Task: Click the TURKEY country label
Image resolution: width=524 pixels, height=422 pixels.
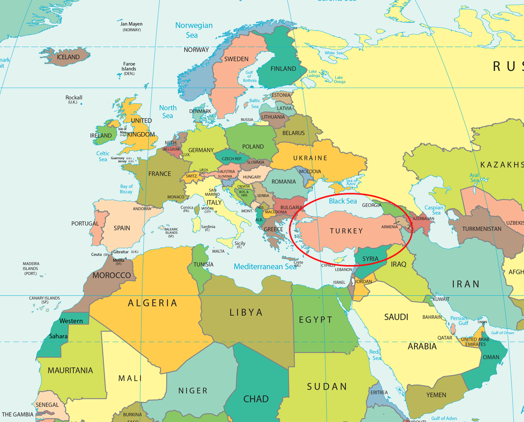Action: click(346, 231)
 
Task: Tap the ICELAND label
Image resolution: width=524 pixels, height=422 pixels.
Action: click(68, 57)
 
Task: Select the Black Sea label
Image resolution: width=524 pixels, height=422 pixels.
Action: click(343, 201)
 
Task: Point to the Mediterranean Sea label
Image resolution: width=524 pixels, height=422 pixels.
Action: click(265, 267)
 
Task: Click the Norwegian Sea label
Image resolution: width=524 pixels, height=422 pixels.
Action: click(193, 30)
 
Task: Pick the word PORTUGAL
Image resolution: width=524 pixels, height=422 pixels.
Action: click(85, 223)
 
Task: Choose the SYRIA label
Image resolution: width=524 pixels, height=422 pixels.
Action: click(370, 259)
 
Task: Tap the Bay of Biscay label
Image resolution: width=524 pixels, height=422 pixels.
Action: click(127, 189)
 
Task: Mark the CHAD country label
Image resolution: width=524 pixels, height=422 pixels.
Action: click(256, 399)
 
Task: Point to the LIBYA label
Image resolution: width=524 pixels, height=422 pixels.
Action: click(246, 312)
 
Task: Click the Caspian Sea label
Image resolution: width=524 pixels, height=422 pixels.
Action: click(434, 210)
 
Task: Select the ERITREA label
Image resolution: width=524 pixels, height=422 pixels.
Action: click(379, 392)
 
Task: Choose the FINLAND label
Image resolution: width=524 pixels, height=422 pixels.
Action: click(283, 69)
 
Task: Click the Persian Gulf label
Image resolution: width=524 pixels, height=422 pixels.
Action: click(459, 321)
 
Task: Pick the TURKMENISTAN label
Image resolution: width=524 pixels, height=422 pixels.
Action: click(482, 229)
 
